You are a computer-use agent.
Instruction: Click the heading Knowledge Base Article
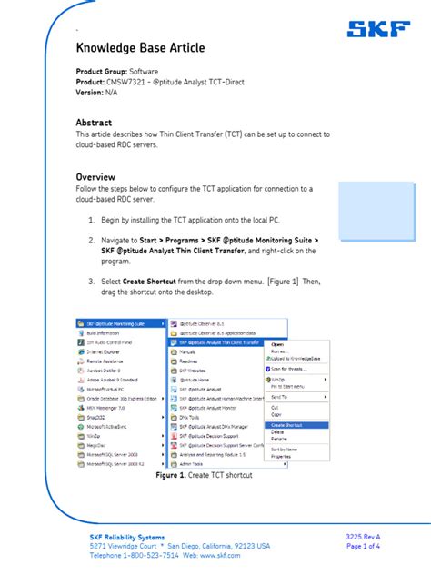pos(140,47)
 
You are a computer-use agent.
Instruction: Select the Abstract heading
pos(94,123)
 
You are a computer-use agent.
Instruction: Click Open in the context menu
pos(277,344)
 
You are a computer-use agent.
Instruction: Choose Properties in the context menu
pos(281,456)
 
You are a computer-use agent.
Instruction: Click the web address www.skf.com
pos(218,556)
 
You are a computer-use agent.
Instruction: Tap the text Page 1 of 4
pos(364,547)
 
